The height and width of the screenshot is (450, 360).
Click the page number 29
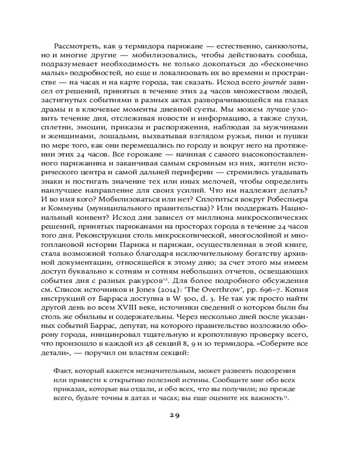click(x=175, y=415)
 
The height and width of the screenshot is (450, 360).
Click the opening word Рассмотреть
click(x=75, y=46)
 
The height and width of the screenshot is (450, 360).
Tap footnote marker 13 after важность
click(x=286, y=398)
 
